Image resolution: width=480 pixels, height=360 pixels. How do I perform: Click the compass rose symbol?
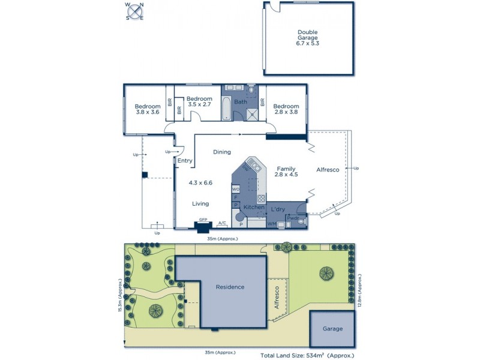pyautogui.click(x=134, y=11)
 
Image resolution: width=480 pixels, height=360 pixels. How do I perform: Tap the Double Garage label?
pyautogui.click(x=307, y=37)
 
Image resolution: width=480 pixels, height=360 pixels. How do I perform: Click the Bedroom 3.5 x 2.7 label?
pyautogui.click(x=199, y=102)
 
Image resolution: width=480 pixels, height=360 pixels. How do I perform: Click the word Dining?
pyautogui.click(x=222, y=152)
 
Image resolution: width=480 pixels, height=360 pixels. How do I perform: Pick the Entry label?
pyautogui.click(x=185, y=160)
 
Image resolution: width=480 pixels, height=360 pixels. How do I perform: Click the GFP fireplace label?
pyautogui.click(x=203, y=220)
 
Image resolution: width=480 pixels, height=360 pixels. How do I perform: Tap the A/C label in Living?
pyautogui.click(x=222, y=223)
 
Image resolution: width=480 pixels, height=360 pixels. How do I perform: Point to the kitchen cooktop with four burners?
pyautogui.click(x=261, y=199)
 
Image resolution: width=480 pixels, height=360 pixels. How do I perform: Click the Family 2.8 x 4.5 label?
pyautogui.click(x=287, y=173)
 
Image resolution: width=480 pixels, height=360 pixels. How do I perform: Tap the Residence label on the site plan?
pyautogui.click(x=230, y=287)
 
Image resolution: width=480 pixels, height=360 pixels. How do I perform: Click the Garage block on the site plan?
pyautogui.click(x=332, y=329)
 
